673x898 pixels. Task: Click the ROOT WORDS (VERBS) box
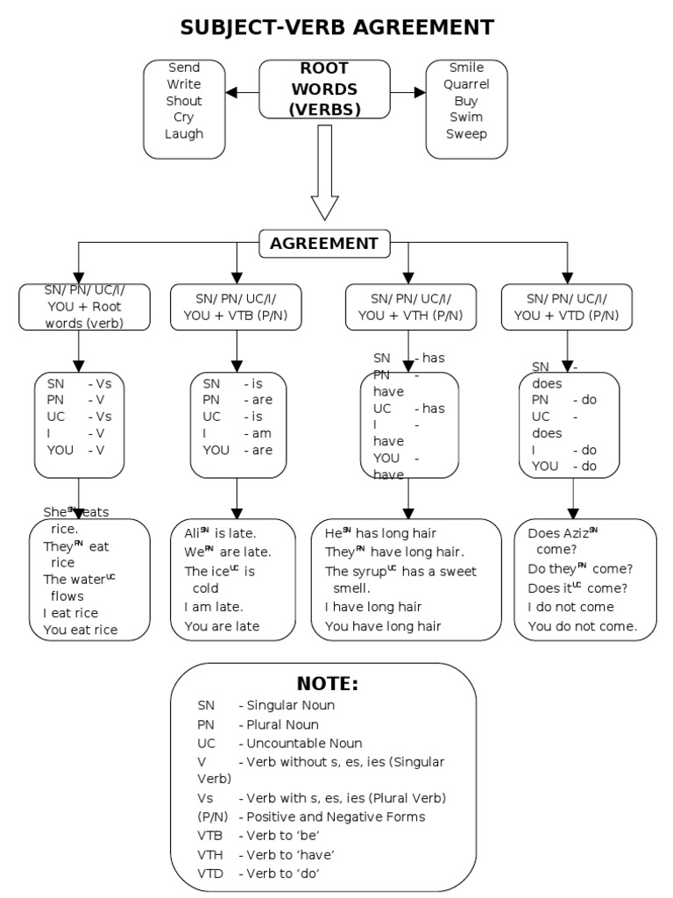click(x=324, y=89)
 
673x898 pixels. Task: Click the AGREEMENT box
click(x=324, y=244)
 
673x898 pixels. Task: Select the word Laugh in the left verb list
click(x=184, y=134)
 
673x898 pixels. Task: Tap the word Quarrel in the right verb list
click(x=466, y=84)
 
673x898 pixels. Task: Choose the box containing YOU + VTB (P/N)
click(x=236, y=307)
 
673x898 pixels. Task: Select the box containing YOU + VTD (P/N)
click(x=566, y=307)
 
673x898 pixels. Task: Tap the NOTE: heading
click(x=328, y=684)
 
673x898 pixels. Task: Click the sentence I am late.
click(x=214, y=607)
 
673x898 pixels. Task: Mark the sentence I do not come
click(x=570, y=607)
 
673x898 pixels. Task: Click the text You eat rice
click(x=80, y=630)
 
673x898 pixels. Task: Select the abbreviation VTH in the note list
click(x=210, y=855)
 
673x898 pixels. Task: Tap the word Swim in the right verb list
click(x=466, y=118)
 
